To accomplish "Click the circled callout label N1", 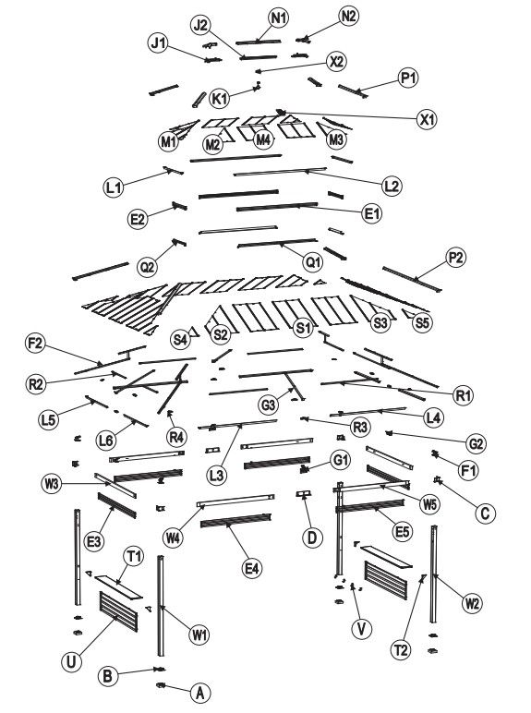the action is coord(279,18).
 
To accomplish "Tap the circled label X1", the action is coord(427,119).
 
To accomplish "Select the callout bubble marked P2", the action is coord(456,258).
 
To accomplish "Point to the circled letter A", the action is coord(199,693).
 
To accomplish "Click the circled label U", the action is coord(71,661).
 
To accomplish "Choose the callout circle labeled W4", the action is coord(174,538).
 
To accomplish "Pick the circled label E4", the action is coord(251,568).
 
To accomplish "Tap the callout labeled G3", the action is coord(269,405).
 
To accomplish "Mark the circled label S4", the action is coord(180,339).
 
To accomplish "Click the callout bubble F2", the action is coord(35,343).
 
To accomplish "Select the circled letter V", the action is coord(362,629).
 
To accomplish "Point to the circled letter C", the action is coord(485,513).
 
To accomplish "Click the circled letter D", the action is coord(312,537).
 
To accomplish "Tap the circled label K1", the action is coord(219,98).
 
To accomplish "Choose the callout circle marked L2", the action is coord(392,186).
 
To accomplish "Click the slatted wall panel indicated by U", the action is coord(118,611).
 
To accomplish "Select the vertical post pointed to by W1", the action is coord(161,606).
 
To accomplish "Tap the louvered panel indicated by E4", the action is coord(236,520).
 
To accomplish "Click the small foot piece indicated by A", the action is coord(160,684).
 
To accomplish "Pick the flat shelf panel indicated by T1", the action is coord(118,586).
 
